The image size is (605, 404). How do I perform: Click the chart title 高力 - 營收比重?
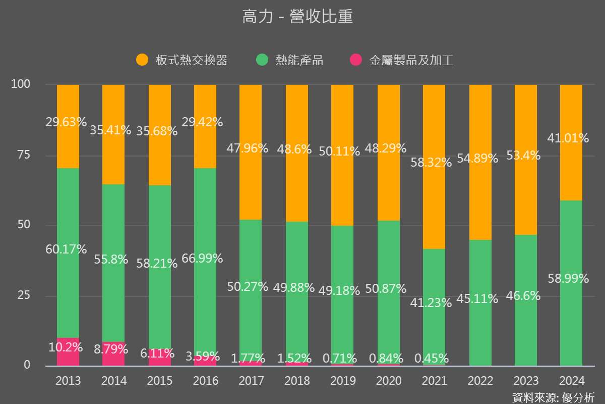(297, 17)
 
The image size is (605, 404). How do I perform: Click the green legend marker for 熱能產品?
(262, 60)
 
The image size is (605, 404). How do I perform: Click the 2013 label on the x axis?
(68, 381)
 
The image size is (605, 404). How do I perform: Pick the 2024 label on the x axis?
(571, 381)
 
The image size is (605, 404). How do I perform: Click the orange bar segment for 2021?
(434, 202)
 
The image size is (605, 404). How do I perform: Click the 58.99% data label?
(568, 279)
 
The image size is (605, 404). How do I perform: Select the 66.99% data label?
(203, 259)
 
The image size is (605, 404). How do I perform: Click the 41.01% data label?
(568, 138)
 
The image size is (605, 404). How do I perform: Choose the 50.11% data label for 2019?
(339, 151)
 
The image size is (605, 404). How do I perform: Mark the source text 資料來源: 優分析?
(553, 397)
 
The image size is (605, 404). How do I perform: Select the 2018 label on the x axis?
(297, 381)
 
